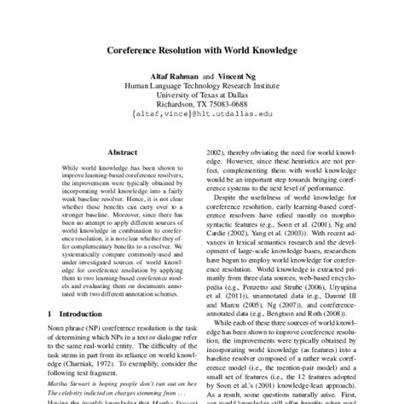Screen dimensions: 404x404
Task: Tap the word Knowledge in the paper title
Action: (x=268, y=51)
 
